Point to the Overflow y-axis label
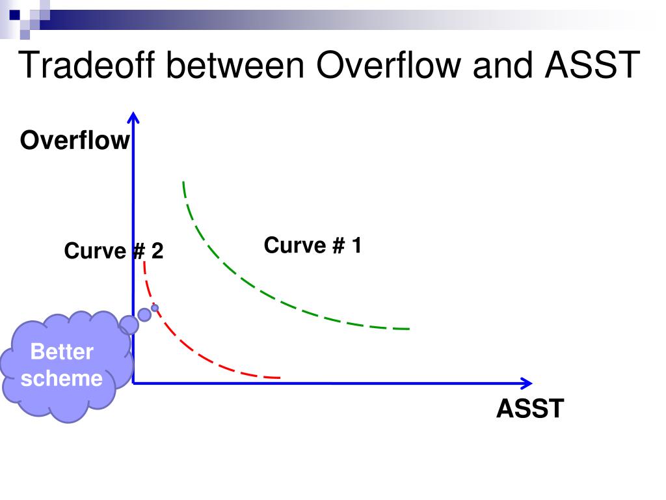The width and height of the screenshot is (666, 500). (75, 141)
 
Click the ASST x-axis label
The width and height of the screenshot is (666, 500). (530, 409)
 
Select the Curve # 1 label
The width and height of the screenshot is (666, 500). (312, 246)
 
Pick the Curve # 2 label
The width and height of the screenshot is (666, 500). (114, 251)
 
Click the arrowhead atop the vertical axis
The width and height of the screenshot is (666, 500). (133, 117)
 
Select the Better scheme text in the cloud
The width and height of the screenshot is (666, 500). (62, 365)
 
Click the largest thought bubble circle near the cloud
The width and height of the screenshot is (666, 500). (129, 324)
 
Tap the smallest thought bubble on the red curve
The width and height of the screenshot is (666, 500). (155, 308)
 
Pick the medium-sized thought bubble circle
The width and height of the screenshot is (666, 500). (144, 314)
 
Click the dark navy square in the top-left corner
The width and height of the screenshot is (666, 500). (14, 11)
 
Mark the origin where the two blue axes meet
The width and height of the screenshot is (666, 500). (133, 383)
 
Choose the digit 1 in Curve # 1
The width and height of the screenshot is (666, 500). (356, 246)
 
